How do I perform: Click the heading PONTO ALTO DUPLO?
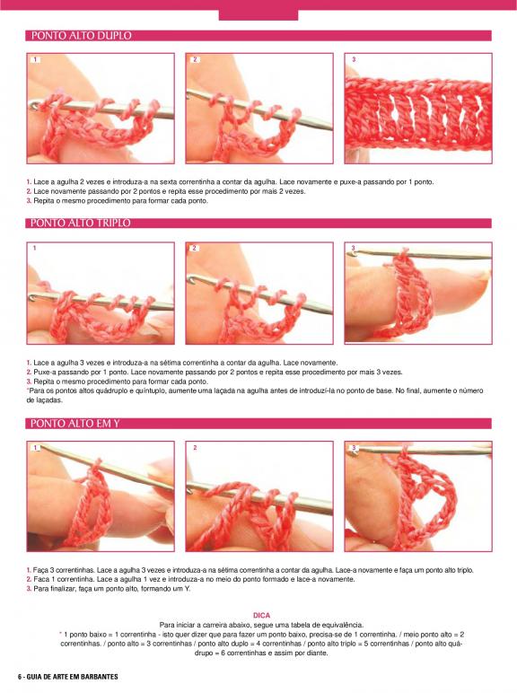(82, 35)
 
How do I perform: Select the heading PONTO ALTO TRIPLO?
(81, 223)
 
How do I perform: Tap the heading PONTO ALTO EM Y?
(75, 424)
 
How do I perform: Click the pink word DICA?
(261, 615)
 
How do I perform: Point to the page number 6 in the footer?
(20, 677)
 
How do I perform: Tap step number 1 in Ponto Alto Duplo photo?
(35, 59)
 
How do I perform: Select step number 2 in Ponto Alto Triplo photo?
(195, 248)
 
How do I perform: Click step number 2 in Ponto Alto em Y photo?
(195, 448)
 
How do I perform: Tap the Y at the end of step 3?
(187, 589)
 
